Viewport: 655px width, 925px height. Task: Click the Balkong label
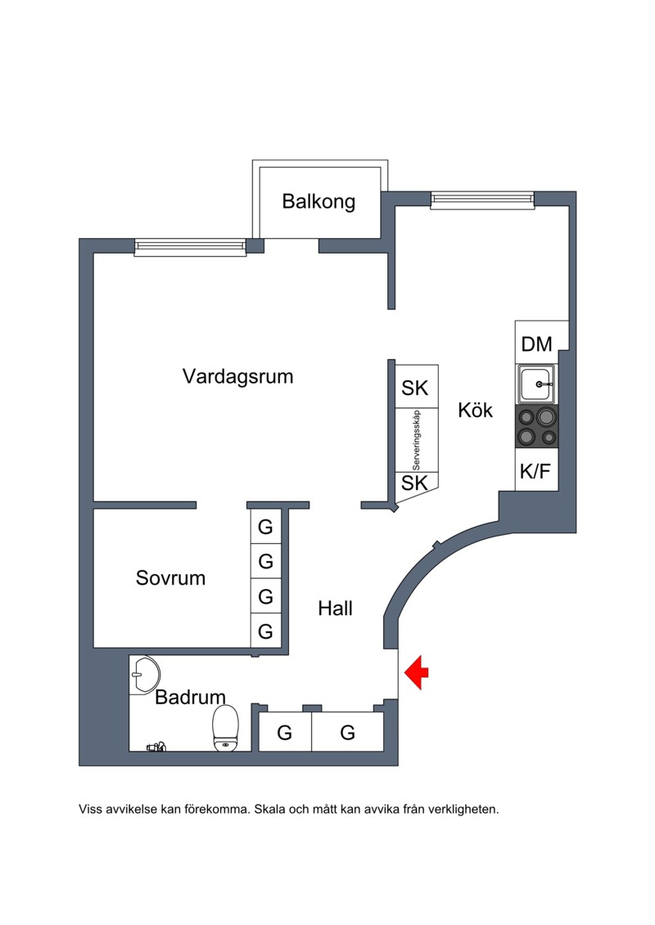[318, 201]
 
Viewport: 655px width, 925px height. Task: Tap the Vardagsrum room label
[237, 377]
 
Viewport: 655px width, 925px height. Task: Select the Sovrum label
[170, 578]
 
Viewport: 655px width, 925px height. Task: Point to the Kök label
[476, 410]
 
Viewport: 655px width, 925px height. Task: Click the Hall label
[335, 608]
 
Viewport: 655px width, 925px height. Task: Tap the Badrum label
[190, 698]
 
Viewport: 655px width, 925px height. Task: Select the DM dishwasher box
[537, 344]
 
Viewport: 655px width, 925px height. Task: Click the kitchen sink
[536, 384]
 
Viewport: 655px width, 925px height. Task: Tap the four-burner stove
[536, 427]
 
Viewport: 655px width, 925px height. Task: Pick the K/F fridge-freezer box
[536, 471]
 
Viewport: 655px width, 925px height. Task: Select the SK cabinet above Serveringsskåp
[415, 388]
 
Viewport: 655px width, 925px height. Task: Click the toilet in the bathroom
[225, 728]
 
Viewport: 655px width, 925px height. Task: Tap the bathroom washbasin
[144, 676]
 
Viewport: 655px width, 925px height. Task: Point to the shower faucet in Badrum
[156, 746]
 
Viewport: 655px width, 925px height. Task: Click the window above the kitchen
[482, 199]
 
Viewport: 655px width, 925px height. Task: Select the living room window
[190, 245]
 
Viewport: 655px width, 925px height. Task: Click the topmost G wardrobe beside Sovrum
[265, 528]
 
